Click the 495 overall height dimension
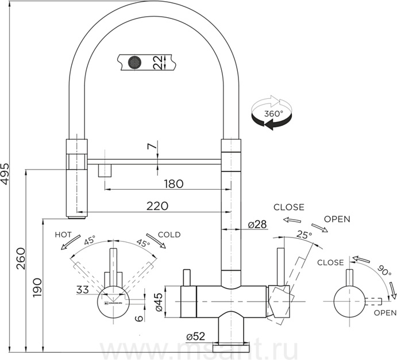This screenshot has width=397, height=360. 6,171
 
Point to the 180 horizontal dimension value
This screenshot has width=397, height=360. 173,184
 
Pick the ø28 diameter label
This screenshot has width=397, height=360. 257,224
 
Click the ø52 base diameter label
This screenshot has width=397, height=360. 196,336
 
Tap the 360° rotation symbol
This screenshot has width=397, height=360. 271,113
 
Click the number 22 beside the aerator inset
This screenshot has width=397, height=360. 157,62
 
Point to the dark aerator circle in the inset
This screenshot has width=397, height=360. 134,61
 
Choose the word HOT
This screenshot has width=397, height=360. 63,235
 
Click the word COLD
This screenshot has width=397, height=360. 169,235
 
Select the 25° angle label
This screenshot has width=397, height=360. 304,235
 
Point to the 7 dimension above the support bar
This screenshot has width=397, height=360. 151,147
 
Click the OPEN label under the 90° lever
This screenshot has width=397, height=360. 385,313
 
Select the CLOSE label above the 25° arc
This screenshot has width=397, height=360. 288,207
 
